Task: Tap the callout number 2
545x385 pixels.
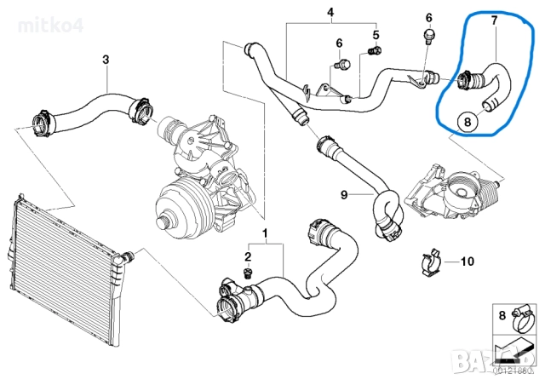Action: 248,256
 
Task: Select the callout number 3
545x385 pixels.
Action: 106,60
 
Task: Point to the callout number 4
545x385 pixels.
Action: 331,13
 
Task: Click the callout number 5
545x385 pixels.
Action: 375,35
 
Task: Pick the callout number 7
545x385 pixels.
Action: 491,19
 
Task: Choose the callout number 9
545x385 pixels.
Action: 345,195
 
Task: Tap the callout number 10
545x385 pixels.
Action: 466,261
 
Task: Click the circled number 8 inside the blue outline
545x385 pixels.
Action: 466,122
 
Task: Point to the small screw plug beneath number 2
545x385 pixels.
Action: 248,272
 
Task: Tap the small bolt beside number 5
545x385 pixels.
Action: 373,53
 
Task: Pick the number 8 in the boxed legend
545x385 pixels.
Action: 502,315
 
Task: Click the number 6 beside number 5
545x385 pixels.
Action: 339,43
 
